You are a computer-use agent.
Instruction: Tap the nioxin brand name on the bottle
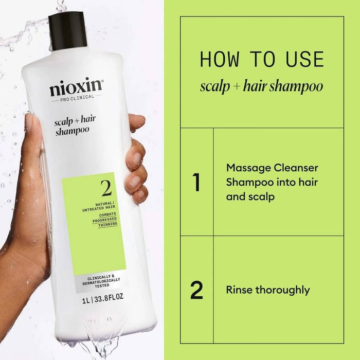76,88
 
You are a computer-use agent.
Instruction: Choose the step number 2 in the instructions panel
196,290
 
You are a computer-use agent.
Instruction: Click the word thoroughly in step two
282,290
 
